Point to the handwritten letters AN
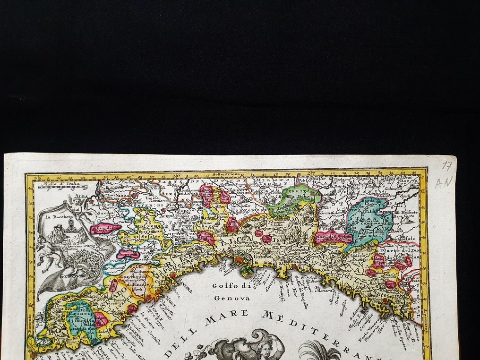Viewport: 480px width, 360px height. pos(444,182)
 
